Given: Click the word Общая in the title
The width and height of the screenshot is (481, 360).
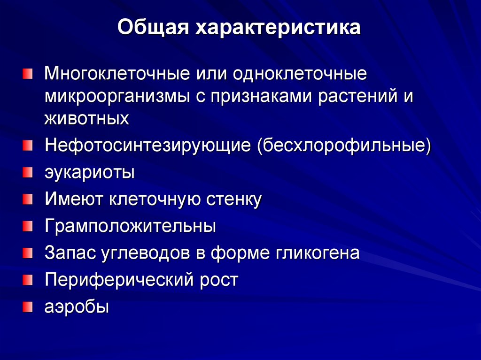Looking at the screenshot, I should pos(152,28).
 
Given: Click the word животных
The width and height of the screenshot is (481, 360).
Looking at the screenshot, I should pos(87,118).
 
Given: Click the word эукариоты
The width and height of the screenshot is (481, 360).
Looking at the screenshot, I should pos(90,172).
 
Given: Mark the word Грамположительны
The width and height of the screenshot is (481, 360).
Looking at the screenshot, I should pos(131,227).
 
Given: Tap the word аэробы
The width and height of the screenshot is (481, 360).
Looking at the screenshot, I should pos(77,307).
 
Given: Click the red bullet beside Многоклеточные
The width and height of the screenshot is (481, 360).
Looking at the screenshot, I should pos(28,74).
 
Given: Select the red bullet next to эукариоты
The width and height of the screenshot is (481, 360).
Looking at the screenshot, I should pos(28,172).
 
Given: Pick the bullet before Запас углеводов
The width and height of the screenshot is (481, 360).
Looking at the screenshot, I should pos(28,253).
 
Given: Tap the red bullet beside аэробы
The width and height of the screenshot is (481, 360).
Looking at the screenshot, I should pos(28,307).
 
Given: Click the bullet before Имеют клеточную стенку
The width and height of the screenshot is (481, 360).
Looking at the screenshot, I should pos(28,199).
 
